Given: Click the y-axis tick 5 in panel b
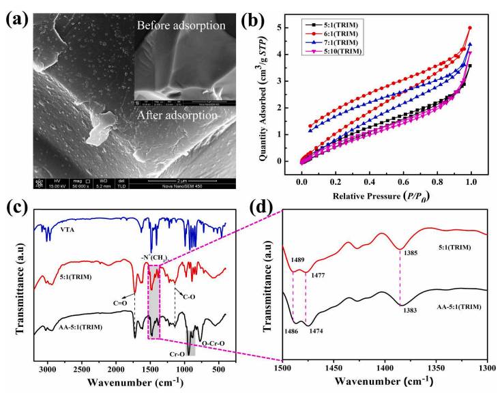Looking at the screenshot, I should pyautogui.click(x=289, y=27).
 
